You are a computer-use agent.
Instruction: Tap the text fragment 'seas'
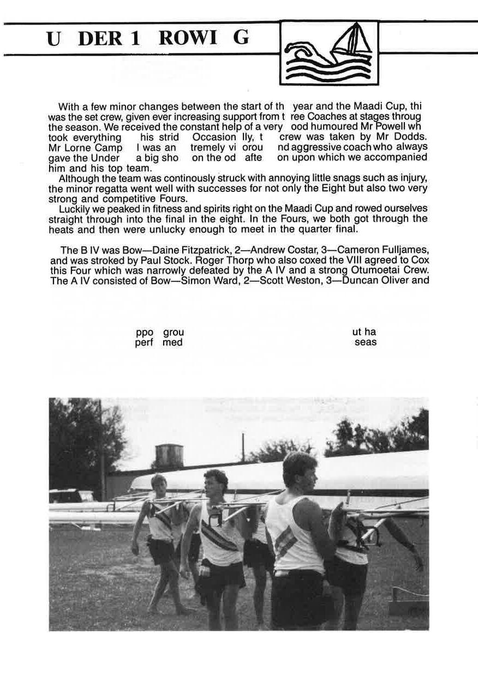pyautogui.click(x=365, y=342)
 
